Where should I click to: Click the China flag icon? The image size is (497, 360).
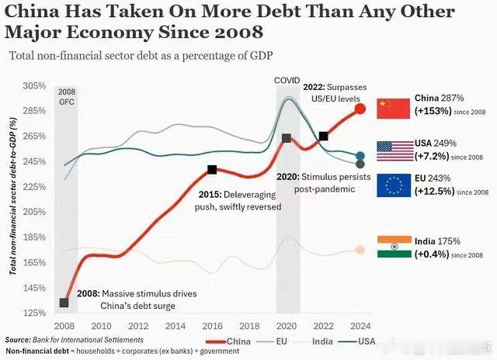(393, 108)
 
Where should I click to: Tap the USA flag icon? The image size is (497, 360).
(393, 151)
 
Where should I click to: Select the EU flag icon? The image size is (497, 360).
(393, 185)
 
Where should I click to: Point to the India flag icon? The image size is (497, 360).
(393, 246)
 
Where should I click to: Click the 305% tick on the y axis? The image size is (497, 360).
(36, 86)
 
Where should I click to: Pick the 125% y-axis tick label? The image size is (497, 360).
(36, 313)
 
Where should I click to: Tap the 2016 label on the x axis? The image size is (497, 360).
(212, 327)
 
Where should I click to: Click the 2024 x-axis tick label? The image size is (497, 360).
(360, 327)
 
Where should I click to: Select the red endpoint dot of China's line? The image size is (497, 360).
(360, 109)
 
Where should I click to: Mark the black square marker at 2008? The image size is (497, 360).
(64, 303)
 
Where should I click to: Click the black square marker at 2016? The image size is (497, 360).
(212, 169)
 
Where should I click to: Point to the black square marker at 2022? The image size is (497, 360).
(323, 136)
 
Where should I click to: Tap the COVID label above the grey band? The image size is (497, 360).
(287, 81)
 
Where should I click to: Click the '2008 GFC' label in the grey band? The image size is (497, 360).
(67, 97)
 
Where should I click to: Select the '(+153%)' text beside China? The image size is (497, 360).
(433, 111)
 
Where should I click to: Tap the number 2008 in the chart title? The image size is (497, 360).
(231, 33)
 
